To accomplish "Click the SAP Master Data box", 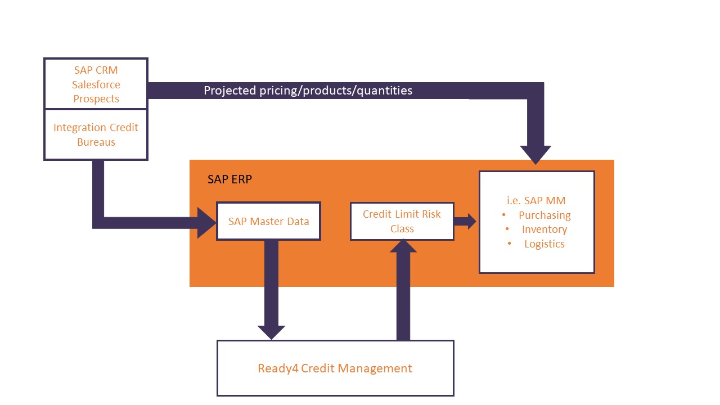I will [268, 221].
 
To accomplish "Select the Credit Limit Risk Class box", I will [402, 221].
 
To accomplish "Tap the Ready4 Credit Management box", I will [335, 368].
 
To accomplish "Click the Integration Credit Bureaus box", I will [96, 135].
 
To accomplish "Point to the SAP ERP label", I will [229, 179].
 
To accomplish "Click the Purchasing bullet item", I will [544, 215].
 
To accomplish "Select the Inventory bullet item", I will [544, 229].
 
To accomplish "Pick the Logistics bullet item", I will [544, 244].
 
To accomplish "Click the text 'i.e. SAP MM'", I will [536, 200].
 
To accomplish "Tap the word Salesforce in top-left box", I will [96, 84].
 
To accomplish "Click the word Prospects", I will [96, 99].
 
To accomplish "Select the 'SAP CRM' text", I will [96, 70].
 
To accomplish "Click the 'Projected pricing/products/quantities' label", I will [308, 91].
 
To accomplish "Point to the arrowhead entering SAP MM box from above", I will [535, 154].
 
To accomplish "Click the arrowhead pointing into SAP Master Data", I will [206, 223].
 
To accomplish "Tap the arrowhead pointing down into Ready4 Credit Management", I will [271, 331].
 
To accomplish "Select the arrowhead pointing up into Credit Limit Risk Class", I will [403, 246].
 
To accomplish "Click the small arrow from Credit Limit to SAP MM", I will [465, 221].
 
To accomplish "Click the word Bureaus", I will [96, 142].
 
